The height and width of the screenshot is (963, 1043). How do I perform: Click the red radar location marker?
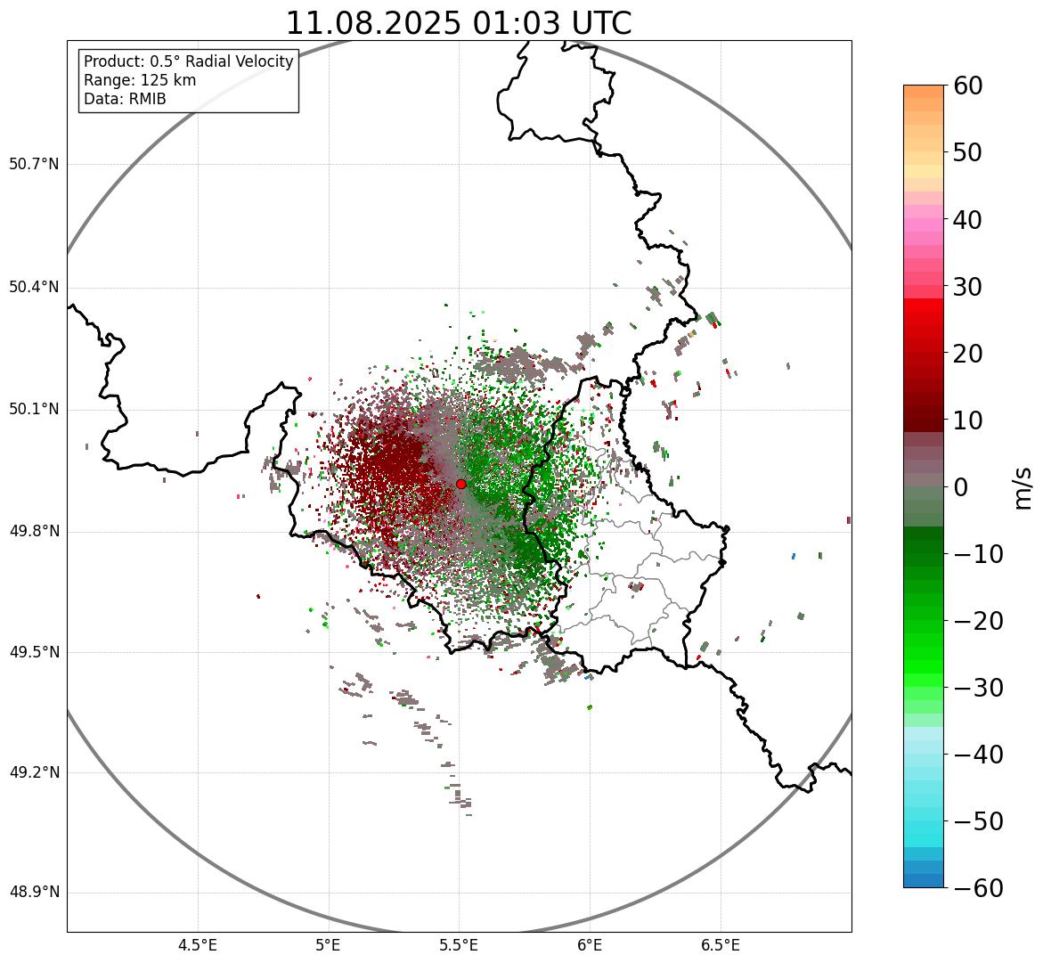pyautogui.click(x=460, y=484)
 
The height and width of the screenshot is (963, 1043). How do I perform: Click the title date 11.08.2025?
pyautogui.click(x=372, y=23)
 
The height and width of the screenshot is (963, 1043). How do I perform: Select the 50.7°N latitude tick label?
pyautogui.click(x=34, y=164)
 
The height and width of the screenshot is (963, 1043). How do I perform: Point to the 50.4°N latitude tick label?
pyautogui.click(x=34, y=287)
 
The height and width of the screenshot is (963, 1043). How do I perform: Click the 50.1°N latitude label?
pyautogui.click(x=34, y=410)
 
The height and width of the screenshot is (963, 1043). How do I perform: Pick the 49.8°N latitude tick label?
pyautogui.click(x=34, y=532)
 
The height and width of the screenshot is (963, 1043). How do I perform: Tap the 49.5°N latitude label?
pyautogui.click(x=34, y=652)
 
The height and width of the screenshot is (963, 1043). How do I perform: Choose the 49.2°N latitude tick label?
pyautogui.click(x=34, y=772)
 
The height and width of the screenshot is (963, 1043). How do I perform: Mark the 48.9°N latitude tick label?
pyautogui.click(x=34, y=893)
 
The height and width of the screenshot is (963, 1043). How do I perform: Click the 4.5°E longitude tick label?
pyautogui.click(x=198, y=945)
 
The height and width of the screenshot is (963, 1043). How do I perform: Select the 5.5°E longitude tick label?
pyautogui.click(x=459, y=945)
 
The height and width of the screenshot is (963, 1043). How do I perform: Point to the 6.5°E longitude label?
pyautogui.click(x=720, y=945)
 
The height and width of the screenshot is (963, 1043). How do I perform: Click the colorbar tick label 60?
pyautogui.click(x=968, y=86)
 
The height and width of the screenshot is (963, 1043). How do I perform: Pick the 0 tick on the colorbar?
pyautogui.click(x=960, y=487)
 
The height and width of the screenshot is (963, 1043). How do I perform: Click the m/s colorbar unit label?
pyautogui.click(x=1023, y=487)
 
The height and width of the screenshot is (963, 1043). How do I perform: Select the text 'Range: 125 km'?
pyautogui.click(x=140, y=80)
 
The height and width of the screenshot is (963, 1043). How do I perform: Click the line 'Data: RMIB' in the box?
pyautogui.click(x=125, y=99)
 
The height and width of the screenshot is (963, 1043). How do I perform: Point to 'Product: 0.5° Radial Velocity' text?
pyautogui.click(x=188, y=61)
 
